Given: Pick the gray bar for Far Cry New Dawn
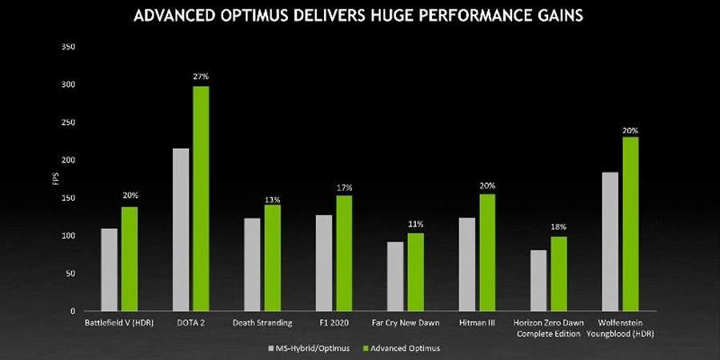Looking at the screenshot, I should pos(395,276).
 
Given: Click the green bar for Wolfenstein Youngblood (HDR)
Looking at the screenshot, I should pos(630,223).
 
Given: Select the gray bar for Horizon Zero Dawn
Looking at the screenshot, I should pos(538,280).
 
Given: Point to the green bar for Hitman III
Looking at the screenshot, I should pos(487,252).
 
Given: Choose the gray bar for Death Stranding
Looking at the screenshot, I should pos(252,264).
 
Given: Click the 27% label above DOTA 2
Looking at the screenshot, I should pos(201,76).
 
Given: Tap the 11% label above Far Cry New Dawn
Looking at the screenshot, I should pos(415,224).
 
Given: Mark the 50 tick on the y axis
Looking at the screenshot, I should pos(70,274).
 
